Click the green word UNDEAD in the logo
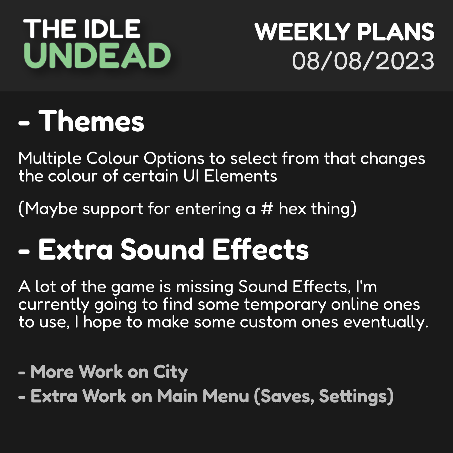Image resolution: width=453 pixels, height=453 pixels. [x=97, y=56]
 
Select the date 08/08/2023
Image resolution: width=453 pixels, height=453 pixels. [x=363, y=61]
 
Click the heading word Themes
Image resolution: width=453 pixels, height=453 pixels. [x=91, y=121]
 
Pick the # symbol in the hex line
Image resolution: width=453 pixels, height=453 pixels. [x=267, y=209]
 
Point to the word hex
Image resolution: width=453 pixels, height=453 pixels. [x=293, y=209]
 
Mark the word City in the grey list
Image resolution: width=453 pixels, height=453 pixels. [x=170, y=372]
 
